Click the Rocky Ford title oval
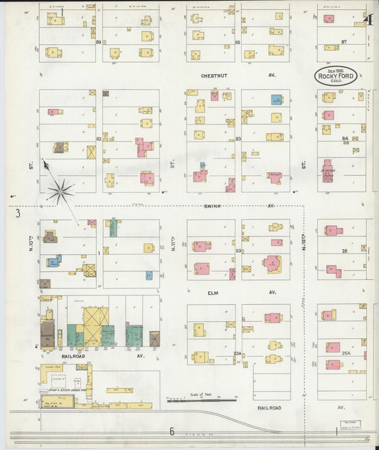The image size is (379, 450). point(336,77)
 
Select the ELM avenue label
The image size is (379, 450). point(213,293)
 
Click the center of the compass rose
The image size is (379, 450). point(60,190)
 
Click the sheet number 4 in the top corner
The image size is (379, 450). point(370,19)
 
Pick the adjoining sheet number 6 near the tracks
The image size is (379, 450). point(171,431)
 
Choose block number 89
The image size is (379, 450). point(99,42)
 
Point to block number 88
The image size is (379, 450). point(237,42)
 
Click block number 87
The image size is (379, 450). point(344,42)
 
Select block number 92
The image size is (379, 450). point(99,139)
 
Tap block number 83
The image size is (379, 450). point(238,139)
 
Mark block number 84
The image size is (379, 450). point(344,139)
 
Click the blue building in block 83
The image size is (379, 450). point(276,100)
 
